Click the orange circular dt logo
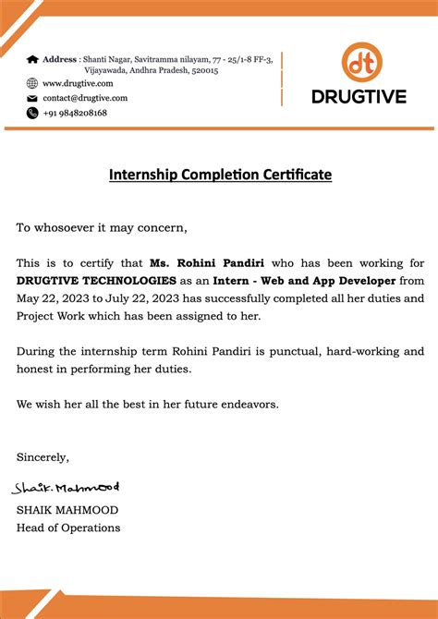[361, 62]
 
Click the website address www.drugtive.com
[85, 83]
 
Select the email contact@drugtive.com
[85, 98]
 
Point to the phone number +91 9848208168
[75, 113]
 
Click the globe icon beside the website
[32, 83]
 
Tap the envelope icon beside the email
[32, 98]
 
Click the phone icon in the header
[32, 113]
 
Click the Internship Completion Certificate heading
[220, 175]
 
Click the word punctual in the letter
[316, 351]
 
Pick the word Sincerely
[43, 457]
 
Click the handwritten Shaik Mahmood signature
[66, 487]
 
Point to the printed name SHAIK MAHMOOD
[67, 510]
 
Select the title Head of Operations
[68, 528]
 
